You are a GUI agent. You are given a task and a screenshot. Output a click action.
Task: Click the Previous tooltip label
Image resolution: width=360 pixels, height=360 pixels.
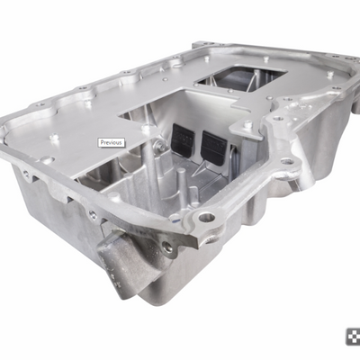112,142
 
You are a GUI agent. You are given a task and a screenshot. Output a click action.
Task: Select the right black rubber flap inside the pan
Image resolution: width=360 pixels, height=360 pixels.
214,144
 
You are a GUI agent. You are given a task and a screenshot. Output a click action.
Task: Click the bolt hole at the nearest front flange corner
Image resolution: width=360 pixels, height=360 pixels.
206,217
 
